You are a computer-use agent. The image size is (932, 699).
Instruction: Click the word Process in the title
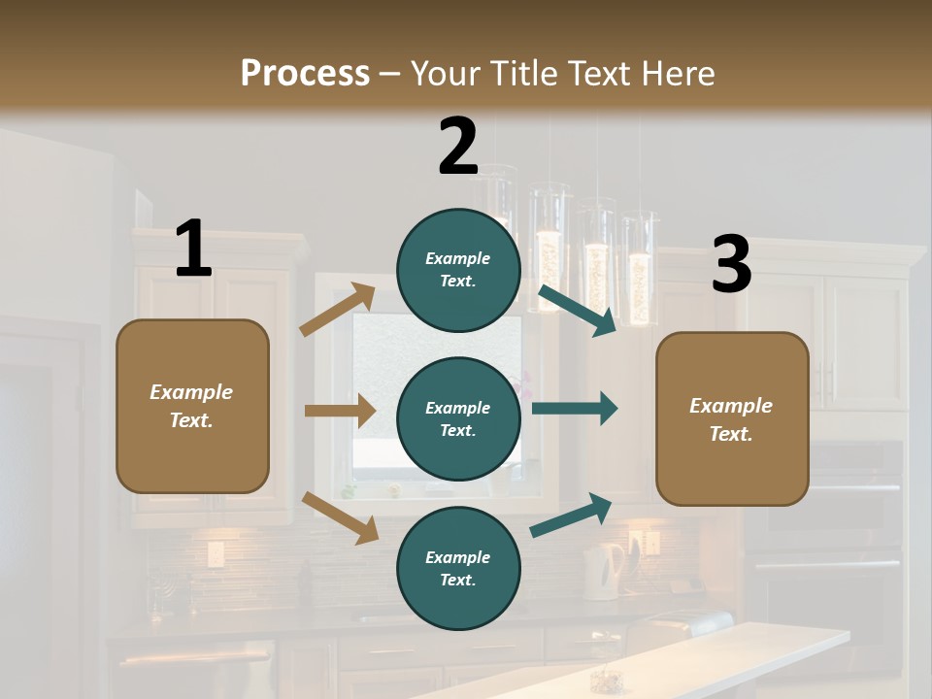(305, 73)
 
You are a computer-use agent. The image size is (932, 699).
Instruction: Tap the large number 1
(193, 249)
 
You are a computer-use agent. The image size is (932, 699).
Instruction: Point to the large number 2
(458, 146)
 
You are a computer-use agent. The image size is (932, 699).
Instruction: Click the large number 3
(731, 264)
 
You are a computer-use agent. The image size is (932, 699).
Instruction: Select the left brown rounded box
(192, 406)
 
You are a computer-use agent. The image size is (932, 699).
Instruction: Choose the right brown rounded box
(732, 419)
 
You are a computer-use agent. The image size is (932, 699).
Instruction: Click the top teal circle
(458, 269)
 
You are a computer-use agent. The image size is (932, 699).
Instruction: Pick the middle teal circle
(458, 418)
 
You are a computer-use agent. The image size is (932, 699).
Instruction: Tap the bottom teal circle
(458, 568)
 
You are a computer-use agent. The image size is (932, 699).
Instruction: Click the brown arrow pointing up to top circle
(338, 310)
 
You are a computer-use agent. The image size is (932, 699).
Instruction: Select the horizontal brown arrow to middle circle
(340, 411)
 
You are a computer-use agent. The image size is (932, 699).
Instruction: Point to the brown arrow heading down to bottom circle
(340, 516)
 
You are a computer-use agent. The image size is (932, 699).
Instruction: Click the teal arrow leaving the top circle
(577, 310)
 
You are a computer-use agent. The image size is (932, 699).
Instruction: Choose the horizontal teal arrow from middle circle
(574, 409)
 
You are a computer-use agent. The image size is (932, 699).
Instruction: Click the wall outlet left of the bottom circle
(216, 554)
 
